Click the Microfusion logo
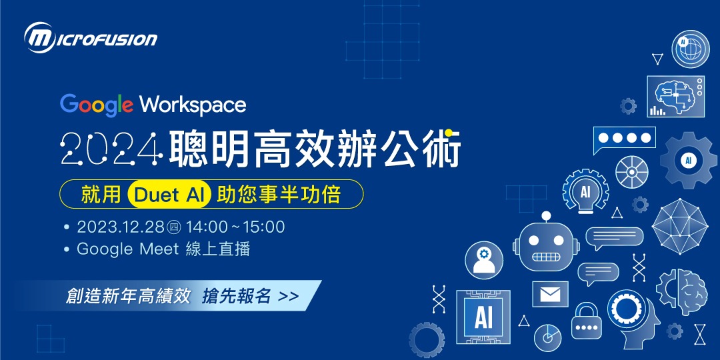click(90, 37)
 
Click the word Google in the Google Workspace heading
click(97, 105)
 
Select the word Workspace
click(193, 105)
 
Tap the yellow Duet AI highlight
click(173, 195)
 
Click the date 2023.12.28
click(120, 227)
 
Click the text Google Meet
click(127, 249)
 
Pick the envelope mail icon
click(550, 294)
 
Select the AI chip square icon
click(483, 317)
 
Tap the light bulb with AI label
click(585, 191)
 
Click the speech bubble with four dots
click(625, 139)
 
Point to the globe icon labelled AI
click(690, 49)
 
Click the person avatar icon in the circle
click(484, 260)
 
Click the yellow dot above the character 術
click(450, 131)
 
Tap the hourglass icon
click(699, 333)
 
